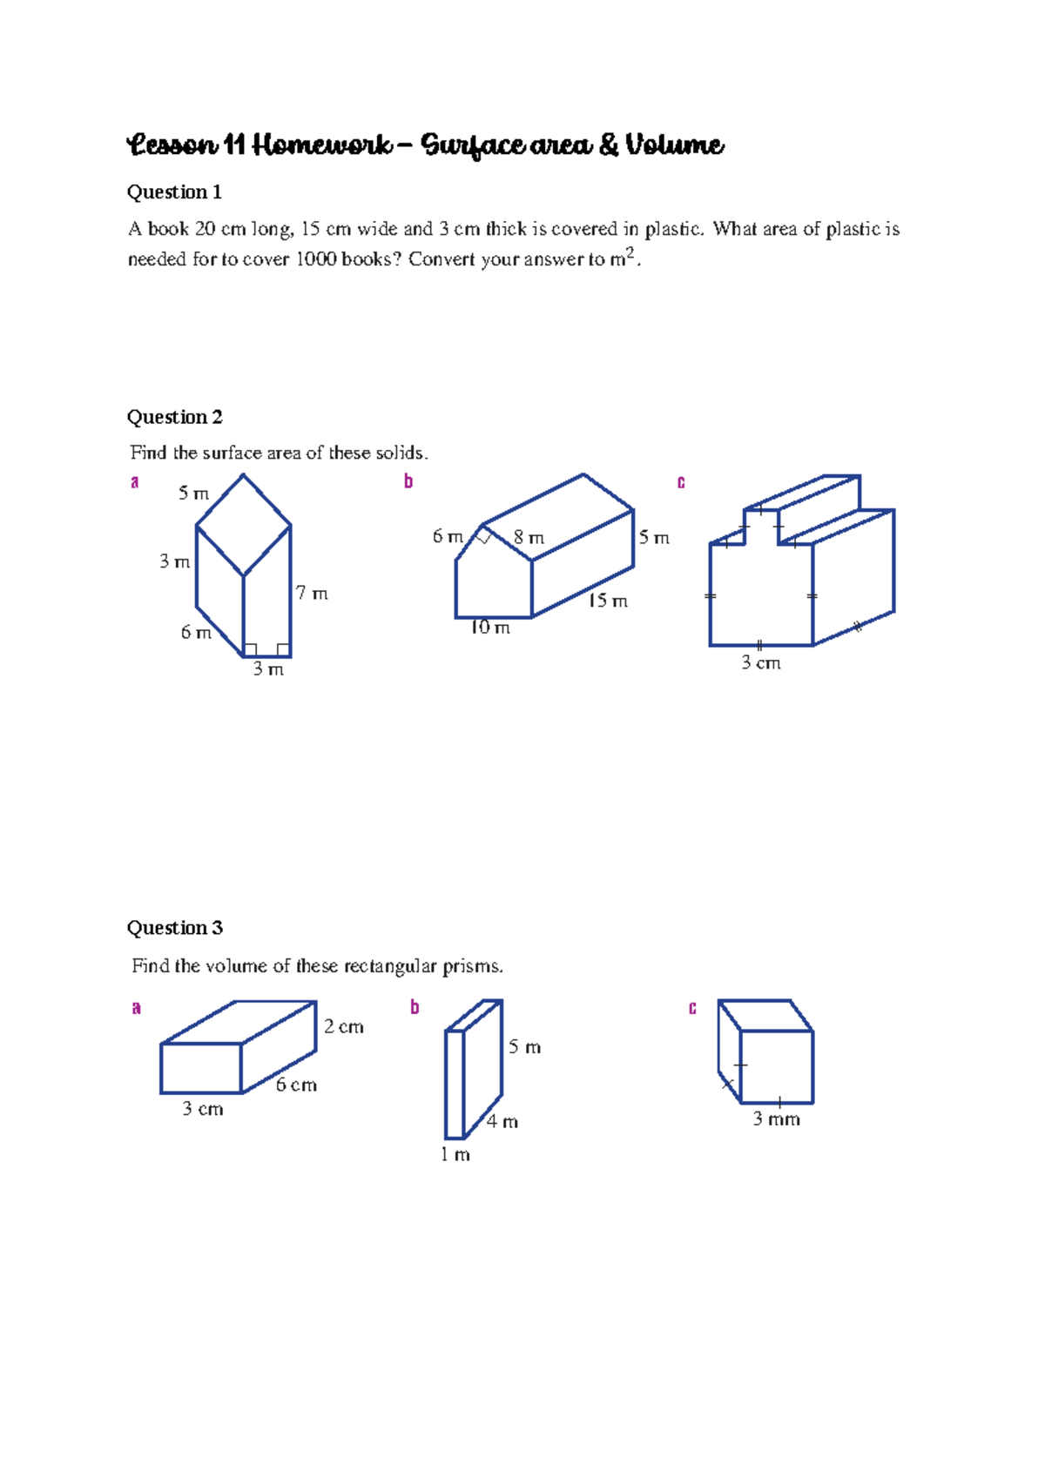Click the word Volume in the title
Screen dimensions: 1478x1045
point(674,144)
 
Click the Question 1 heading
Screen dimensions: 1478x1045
point(174,192)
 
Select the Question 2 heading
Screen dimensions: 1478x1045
point(174,417)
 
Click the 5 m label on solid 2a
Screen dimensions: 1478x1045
point(193,494)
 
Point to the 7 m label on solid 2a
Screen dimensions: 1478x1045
point(312,594)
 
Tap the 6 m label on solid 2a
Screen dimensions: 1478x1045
point(196,633)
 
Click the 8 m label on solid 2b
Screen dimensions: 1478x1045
point(529,538)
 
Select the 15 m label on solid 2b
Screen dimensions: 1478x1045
point(607,601)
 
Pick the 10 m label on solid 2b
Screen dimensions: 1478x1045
point(489,628)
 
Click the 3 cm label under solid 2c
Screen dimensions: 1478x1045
point(760,663)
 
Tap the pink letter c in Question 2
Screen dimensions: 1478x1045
point(681,481)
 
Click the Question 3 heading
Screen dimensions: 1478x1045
point(174,928)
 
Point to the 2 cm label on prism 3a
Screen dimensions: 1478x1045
point(344,1027)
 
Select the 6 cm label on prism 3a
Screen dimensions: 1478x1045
point(296,1085)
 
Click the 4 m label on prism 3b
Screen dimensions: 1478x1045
point(502,1122)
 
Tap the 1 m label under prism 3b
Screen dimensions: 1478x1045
point(455,1155)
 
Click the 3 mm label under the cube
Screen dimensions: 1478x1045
point(776,1119)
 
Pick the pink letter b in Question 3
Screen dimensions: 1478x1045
point(415,1008)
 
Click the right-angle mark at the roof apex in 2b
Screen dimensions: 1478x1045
point(484,536)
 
